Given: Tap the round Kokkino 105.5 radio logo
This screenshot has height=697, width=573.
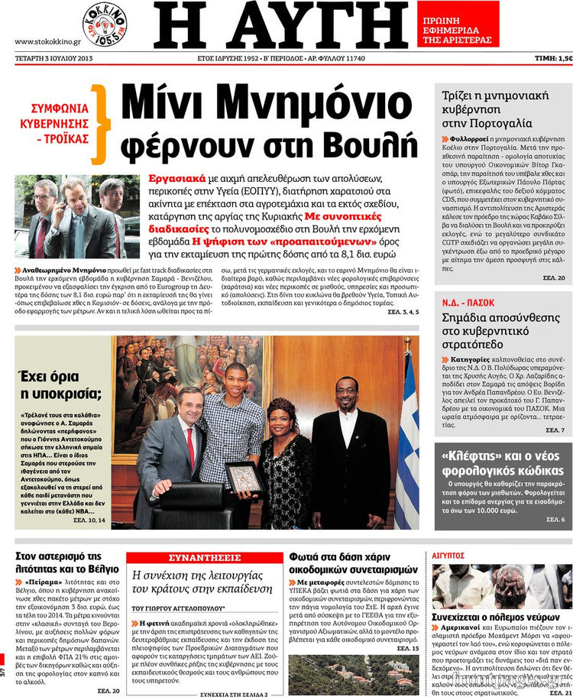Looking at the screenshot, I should [x=105, y=24].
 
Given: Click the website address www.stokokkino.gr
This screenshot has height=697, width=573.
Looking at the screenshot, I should [x=47, y=41].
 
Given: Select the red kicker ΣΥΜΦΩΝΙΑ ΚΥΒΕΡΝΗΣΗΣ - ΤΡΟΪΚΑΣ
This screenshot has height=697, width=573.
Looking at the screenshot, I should [x=60, y=123].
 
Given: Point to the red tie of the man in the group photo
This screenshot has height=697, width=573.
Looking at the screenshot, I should [x=190, y=447].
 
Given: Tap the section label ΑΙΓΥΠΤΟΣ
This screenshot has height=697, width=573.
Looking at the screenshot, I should [x=448, y=556].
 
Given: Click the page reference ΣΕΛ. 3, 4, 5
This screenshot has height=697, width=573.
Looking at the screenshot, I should [x=403, y=313].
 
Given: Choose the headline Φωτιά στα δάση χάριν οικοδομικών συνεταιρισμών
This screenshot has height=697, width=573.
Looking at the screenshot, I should [x=354, y=563].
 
